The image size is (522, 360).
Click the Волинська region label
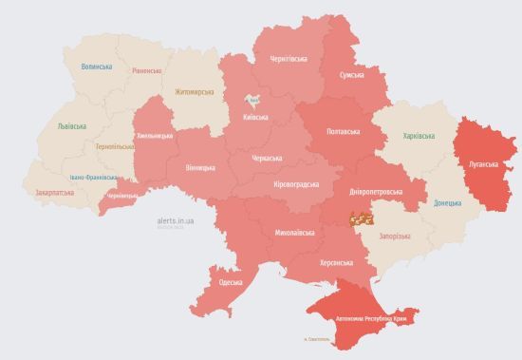(97, 66)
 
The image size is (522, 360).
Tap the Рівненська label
(147, 71)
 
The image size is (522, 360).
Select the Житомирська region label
(195, 92)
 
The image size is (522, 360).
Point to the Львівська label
(71, 126)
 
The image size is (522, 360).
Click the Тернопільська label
(116, 146)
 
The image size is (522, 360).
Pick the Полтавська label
(343, 131)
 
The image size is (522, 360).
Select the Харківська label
(419, 136)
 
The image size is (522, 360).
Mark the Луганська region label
(483, 164)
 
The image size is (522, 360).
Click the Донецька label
(447, 203)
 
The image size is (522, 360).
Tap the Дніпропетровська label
(376, 192)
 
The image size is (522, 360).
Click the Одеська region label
(230, 282)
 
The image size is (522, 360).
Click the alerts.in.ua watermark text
(177, 219)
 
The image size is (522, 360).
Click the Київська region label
(255, 118)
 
